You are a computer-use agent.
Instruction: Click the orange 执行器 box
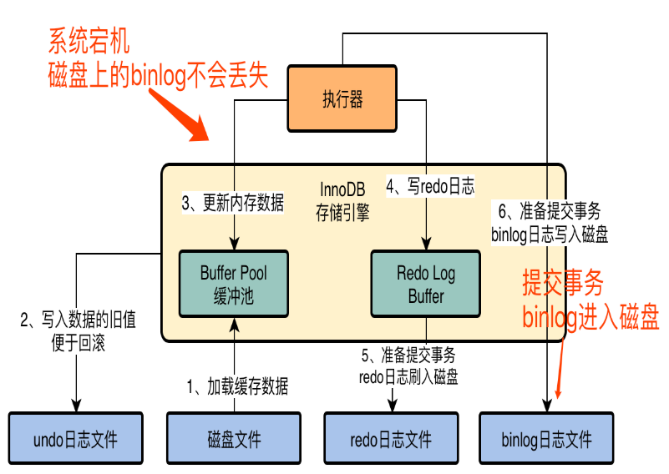click(x=342, y=98)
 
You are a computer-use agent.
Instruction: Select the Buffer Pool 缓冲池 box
click(x=234, y=284)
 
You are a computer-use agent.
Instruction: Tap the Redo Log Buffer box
click(x=426, y=284)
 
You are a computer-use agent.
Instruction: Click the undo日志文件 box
click(x=75, y=438)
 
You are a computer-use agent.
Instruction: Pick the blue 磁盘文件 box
click(x=234, y=438)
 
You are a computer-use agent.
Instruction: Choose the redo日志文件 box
click(x=391, y=438)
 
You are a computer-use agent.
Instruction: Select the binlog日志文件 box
click(x=546, y=438)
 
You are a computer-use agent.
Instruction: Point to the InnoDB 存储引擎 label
click(x=342, y=201)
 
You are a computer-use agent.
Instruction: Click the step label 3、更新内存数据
click(x=233, y=203)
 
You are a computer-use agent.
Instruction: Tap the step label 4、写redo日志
click(x=430, y=186)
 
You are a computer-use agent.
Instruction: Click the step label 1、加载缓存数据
click(x=237, y=386)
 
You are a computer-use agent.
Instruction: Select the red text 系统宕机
click(x=89, y=41)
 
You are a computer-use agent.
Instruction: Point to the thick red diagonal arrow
click(x=180, y=114)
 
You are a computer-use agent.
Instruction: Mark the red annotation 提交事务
click(x=563, y=282)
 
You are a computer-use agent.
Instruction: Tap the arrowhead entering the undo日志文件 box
click(x=76, y=406)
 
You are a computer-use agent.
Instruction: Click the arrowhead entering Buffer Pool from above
click(x=234, y=244)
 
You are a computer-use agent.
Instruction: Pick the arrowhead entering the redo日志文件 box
click(x=393, y=406)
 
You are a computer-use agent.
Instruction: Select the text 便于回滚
click(x=78, y=343)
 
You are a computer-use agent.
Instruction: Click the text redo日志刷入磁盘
click(x=408, y=377)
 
